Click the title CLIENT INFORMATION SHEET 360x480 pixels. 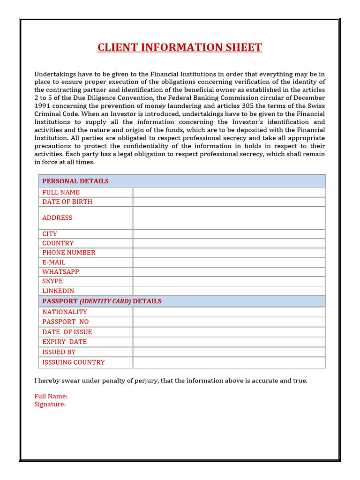tap(180, 47)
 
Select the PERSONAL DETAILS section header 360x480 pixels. tap(75, 181)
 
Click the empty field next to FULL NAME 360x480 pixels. tap(229, 192)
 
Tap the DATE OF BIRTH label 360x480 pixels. tap(67, 202)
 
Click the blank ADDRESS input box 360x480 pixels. tap(229, 217)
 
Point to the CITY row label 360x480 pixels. tap(50, 233)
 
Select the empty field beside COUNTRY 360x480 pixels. tap(229, 243)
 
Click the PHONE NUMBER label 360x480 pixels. tap(68, 253)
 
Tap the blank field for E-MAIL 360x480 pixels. tap(229, 262)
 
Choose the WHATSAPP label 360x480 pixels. tap(60, 272)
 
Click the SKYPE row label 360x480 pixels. tap(52, 281)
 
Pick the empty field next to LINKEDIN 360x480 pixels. tap(229, 291)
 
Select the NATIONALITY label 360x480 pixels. tap(65, 312)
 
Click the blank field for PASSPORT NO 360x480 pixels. tap(229, 322)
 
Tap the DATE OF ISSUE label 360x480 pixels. tap(67, 332)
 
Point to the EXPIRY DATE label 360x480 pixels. tap(64, 342)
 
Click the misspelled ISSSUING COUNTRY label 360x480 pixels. tap(73, 362)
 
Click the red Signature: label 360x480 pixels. tap(50, 404)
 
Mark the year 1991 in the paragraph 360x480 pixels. tap(43, 106)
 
